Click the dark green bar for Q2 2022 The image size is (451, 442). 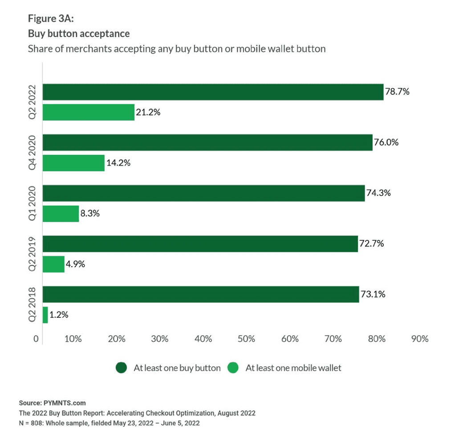(213, 92)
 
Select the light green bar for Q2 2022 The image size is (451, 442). (88, 112)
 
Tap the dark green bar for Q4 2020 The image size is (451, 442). (207, 142)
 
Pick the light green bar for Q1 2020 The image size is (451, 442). (61, 213)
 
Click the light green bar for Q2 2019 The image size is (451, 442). (53, 264)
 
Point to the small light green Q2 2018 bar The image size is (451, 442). (45, 315)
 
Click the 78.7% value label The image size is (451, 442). (397, 92)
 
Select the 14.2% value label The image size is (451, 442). (118, 163)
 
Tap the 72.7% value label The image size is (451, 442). (372, 243)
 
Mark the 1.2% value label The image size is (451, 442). (59, 315)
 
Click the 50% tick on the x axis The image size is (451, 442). (246, 339)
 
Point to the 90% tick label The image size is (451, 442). (419, 339)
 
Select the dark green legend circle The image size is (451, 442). (121, 368)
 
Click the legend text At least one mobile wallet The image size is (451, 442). (293, 368)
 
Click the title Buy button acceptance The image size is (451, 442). (79, 33)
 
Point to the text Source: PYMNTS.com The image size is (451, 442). (52, 403)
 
